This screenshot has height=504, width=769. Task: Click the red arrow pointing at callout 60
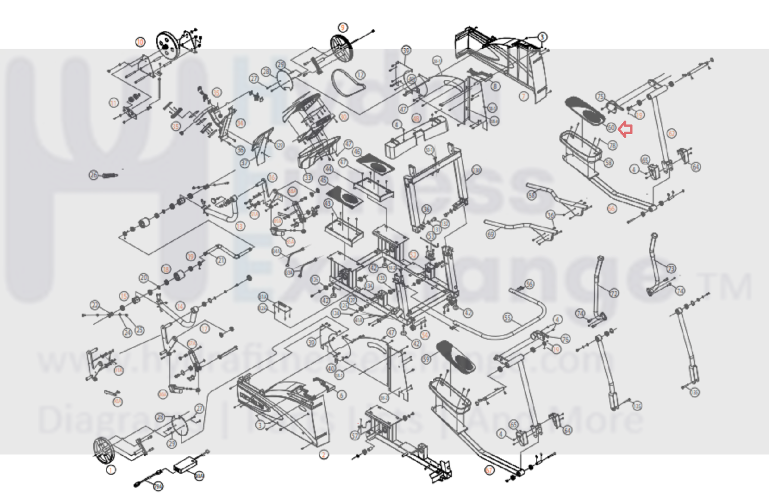625,129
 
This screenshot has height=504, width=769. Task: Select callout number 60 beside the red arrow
611,127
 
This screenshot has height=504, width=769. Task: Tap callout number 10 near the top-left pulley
140,42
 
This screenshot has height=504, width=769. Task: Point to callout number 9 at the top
342,27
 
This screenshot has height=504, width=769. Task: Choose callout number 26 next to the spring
94,176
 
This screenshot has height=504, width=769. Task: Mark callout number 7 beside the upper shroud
524,97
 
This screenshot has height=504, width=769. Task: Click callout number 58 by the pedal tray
609,163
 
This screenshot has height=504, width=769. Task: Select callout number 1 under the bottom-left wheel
111,470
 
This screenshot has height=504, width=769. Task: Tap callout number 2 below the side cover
324,454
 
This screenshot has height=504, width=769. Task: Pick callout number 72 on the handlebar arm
614,293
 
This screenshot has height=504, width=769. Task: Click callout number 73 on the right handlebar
671,268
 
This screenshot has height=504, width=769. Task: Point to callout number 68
531,196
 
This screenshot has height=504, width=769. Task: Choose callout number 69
491,235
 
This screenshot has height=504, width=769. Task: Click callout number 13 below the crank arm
240,226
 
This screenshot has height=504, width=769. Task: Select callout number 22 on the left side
95,305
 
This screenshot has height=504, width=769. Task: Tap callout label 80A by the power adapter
199,476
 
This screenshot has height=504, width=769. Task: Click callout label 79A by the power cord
158,487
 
